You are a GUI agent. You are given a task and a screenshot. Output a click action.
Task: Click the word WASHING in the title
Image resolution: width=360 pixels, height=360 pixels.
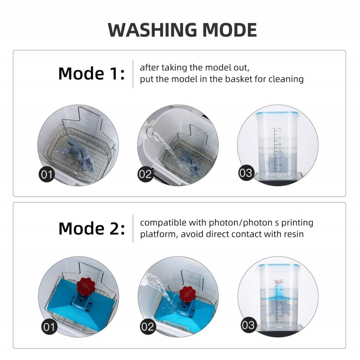point(152,30)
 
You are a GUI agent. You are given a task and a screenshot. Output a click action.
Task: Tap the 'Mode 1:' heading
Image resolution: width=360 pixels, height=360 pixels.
point(91,73)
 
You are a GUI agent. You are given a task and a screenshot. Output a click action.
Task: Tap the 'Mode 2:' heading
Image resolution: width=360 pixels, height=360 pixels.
point(92,229)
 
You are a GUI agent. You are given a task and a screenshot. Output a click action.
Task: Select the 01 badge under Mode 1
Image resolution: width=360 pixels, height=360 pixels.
point(47,175)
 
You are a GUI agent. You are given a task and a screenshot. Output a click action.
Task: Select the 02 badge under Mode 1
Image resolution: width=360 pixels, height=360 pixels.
point(145,174)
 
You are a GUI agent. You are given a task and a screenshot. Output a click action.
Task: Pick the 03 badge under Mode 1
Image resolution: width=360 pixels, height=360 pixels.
point(246,173)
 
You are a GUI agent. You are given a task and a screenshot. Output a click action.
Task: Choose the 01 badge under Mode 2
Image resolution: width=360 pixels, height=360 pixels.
point(49,327)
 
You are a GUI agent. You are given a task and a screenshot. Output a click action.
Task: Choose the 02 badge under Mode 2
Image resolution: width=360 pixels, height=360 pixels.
point(148,327)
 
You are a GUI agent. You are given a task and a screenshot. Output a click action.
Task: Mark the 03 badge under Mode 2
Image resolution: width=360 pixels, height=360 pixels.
point(248,325)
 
